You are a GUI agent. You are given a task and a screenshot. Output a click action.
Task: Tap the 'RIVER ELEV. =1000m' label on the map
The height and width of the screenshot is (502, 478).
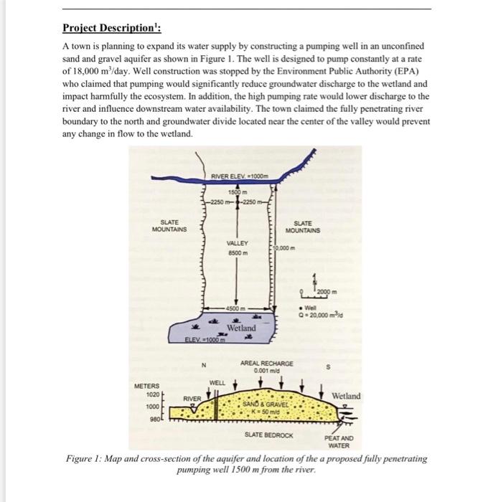click(240, 176)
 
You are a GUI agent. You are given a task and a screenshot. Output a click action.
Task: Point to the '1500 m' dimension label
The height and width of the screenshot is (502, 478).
click(238, 192)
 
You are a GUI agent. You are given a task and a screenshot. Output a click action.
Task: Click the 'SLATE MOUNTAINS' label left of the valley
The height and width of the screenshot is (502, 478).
click(169, 226)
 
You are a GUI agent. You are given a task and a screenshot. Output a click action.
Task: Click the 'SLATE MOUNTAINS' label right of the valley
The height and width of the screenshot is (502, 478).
click(303, 227)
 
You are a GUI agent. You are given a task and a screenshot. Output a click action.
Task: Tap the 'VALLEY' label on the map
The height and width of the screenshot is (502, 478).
click(238, 243)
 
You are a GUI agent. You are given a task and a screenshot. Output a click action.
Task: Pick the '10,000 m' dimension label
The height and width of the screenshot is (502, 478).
click(284, 248)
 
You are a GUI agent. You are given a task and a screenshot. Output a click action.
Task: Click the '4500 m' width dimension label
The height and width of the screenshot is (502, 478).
click(235, 308)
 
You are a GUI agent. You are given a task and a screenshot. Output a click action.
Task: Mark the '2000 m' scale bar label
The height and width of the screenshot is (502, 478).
click(327, 292)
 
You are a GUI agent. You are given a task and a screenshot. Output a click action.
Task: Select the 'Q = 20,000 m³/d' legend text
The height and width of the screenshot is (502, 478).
click(320, 315)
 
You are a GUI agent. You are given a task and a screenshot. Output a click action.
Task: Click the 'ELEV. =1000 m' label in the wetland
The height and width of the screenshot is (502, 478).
click(205, 340)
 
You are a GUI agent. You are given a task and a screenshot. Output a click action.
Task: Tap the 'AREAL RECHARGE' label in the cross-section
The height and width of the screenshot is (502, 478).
click(266, 364)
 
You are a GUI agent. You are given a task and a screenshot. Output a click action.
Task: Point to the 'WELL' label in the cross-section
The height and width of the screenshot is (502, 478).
click(217, 383)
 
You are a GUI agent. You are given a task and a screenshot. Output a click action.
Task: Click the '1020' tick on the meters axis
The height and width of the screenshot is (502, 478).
click(153, 394)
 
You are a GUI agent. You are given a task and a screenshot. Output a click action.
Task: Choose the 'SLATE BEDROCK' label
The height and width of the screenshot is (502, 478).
click(269, 435)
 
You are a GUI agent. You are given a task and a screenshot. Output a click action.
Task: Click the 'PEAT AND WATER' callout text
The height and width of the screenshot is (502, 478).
click(339, 442)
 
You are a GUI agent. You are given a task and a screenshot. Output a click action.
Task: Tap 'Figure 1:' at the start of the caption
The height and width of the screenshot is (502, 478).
click(84, 458)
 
